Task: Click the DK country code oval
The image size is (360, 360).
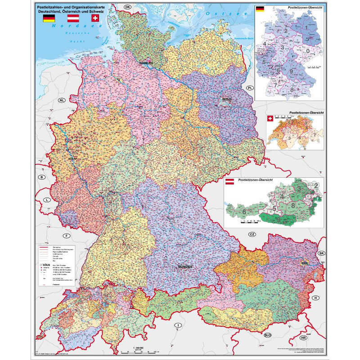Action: coord(128,7)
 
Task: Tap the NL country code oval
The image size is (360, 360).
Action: coord(62,100)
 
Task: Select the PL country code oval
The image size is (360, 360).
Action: coord(249,88)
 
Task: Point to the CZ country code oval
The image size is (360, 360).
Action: coord(252,234)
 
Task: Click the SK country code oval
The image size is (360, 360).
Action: coord(321,254)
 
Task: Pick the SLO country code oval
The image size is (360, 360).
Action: coord(268,335)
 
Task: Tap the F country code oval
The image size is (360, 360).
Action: coord(66,236)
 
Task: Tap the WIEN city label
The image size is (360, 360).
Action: coord(305,261)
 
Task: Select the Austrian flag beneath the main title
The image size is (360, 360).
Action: coord(73,18)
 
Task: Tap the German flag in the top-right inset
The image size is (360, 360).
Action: coord(260,9)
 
